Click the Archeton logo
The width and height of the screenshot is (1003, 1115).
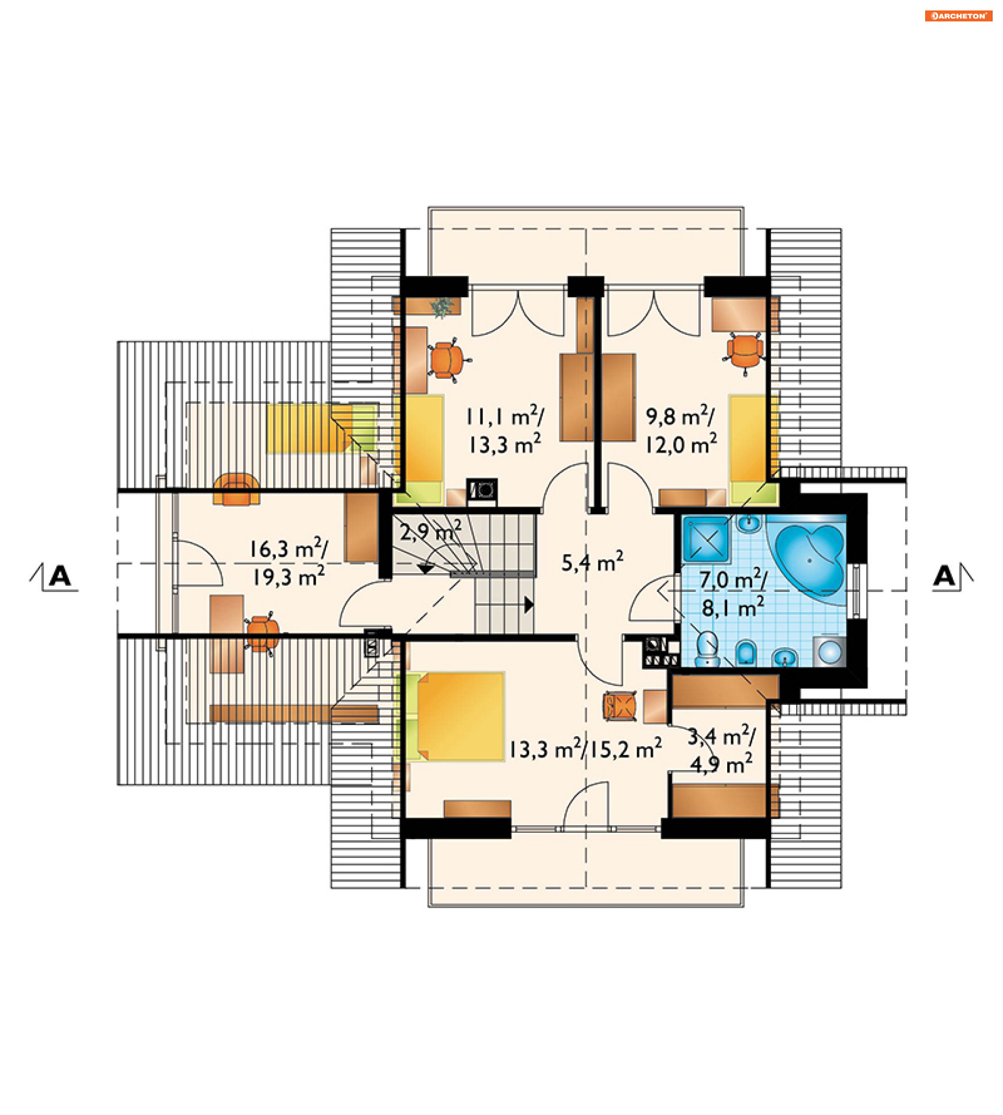pos(959,16)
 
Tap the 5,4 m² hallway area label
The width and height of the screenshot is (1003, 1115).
pos(592,562)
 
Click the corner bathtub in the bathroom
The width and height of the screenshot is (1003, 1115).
pos(810,560)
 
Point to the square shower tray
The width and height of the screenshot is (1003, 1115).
pos(706,539)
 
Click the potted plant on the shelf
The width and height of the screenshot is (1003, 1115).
pos(441,307)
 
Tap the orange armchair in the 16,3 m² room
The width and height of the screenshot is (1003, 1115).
pos(237,490)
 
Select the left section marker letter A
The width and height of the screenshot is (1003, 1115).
pos(60,576)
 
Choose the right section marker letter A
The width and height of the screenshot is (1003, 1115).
pos(944,576)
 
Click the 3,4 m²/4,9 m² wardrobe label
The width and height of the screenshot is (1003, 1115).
pos(721,750)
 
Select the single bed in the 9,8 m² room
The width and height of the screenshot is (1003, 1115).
pos(753,449)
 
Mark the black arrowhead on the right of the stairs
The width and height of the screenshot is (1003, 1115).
pos(529,605)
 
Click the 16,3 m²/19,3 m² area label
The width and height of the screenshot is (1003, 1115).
pos(288,563)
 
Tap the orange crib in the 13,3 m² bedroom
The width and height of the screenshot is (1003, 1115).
pos(621,706)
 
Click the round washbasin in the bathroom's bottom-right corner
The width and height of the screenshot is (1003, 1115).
pos(830,652)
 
